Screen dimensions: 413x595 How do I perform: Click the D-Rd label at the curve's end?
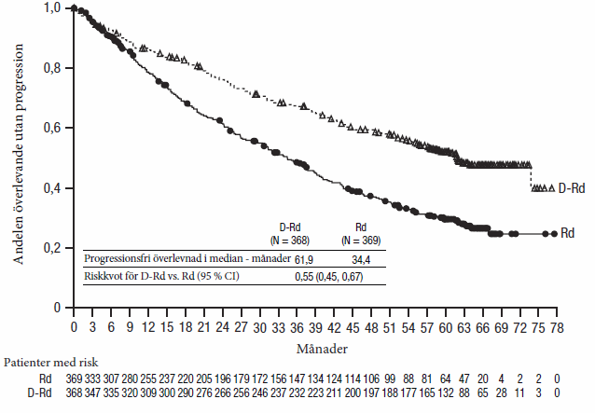571,188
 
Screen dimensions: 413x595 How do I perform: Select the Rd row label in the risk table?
46,379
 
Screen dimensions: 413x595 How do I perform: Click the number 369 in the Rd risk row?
73,379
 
